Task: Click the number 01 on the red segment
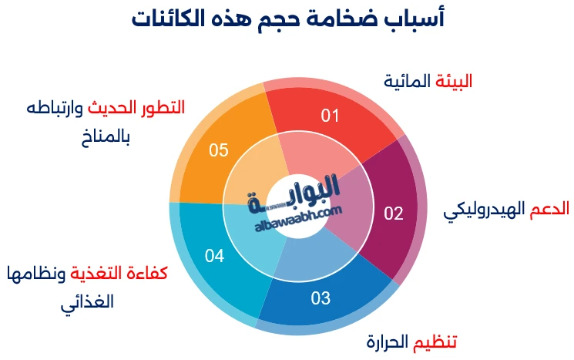(x=331, y=116)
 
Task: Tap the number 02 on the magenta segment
(x=394, y=214)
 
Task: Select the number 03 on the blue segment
(x=321, y=297)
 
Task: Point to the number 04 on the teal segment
(x=214, y=256)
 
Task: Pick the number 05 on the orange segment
(x=219, y=150)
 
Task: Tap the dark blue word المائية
(x=405, y=81)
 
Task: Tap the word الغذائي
(x=88, y=301)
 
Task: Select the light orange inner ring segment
(x=254, y=170)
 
